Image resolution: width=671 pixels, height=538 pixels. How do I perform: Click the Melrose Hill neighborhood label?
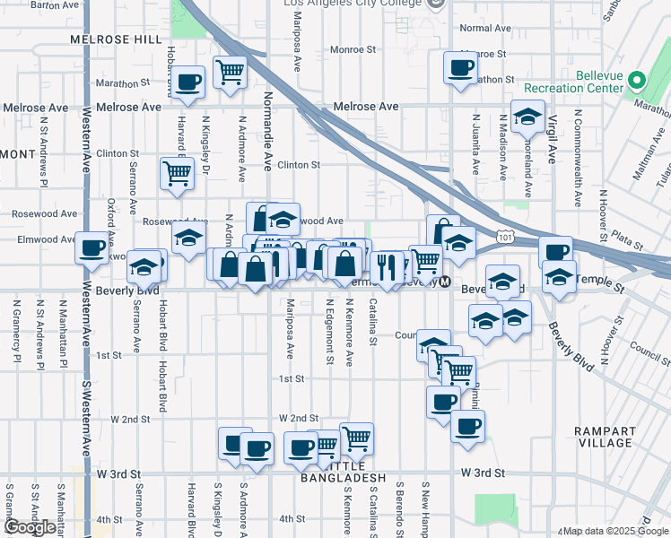click(x=117, y=39)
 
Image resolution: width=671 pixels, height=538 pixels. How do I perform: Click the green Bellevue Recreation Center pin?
click(x=638, y=80)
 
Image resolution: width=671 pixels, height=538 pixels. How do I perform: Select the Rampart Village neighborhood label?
click(x=606, y=437)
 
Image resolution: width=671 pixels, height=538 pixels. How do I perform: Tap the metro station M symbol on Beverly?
click(x=443, y=282)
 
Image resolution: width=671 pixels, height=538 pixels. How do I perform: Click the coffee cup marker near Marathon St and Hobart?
click(x=188, y=82)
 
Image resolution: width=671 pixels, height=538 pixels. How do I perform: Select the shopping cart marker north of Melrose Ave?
click(x=231, y=72)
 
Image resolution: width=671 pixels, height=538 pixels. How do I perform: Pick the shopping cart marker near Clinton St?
click(x=177, y=173)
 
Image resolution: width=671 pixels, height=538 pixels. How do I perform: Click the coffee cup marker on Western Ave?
click(x=91, y=247)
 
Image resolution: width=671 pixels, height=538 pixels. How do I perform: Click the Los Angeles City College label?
click(x=352, y=4)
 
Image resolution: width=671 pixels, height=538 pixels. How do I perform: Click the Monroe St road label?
click(x=350, y=50)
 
